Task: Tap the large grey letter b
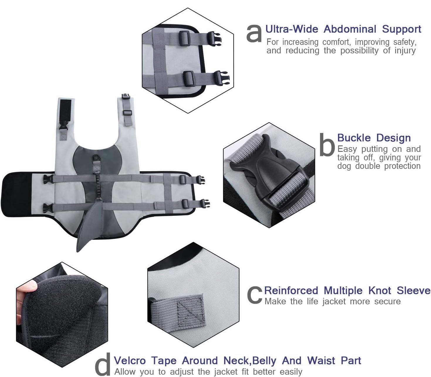tap(327, 145)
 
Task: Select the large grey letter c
tap(255, 295)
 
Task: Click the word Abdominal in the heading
tap(350, 29)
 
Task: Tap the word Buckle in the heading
tap(354, 138)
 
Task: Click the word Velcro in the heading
tap(130, 361)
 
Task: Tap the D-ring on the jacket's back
tap(96, 157)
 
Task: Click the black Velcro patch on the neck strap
tap(65, 110)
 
